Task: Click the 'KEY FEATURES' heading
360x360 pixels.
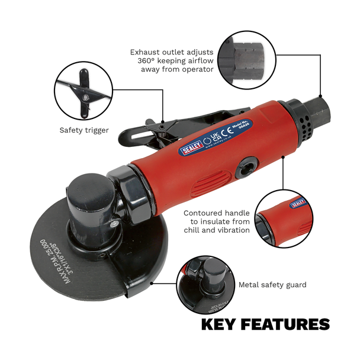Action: [265, 324]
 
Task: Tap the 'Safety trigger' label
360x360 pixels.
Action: [83, 130]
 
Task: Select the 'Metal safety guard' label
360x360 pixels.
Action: [272, 285]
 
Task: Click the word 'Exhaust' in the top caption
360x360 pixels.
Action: [145, 52]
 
